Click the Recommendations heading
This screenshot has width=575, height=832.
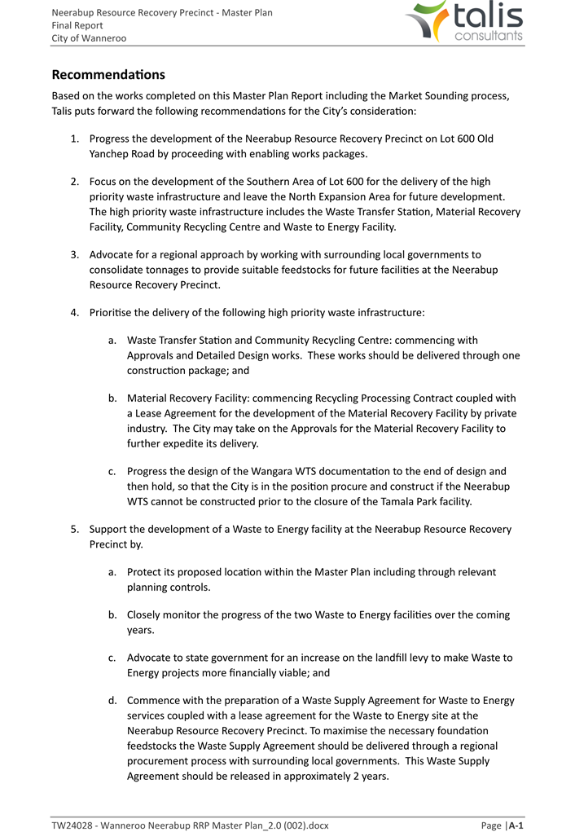coord(108,75)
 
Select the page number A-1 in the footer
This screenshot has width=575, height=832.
coord(514,825)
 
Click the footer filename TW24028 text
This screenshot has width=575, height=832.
coord(190,825)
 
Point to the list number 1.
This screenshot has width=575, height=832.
coord(73,139)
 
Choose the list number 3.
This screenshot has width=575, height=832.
coord(73,254)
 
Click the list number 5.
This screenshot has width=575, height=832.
coord(73,529)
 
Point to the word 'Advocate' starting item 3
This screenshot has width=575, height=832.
coord(113,254)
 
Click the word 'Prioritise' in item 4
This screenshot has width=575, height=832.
coord(114,312)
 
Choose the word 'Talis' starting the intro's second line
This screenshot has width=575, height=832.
coord(65,111)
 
